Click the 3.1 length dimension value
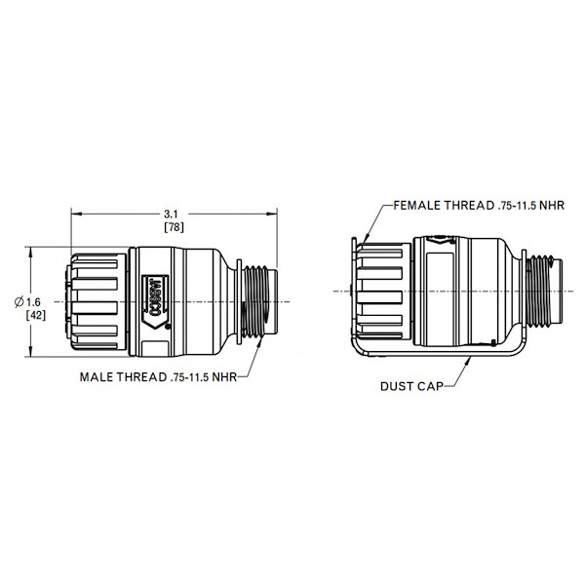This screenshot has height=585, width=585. point(171,214)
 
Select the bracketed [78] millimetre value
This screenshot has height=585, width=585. point(174,227)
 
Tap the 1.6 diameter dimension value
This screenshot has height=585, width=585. point(33,302)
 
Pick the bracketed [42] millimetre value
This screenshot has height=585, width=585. point(36,315)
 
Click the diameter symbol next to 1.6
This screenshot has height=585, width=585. point(19,301)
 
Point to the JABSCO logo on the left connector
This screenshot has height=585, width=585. point(156,301)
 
